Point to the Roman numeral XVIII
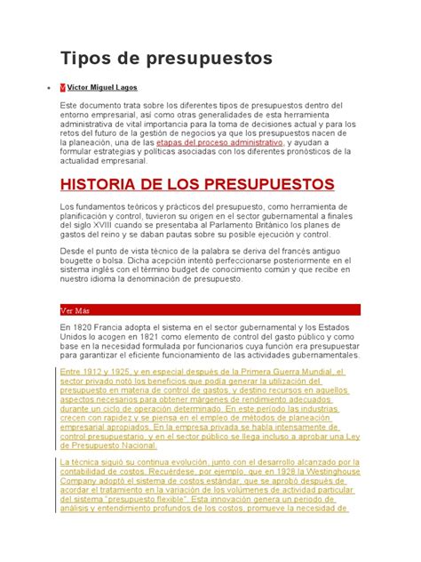click(x=105, y=225)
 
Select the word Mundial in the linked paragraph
click(x=332, y=370)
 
